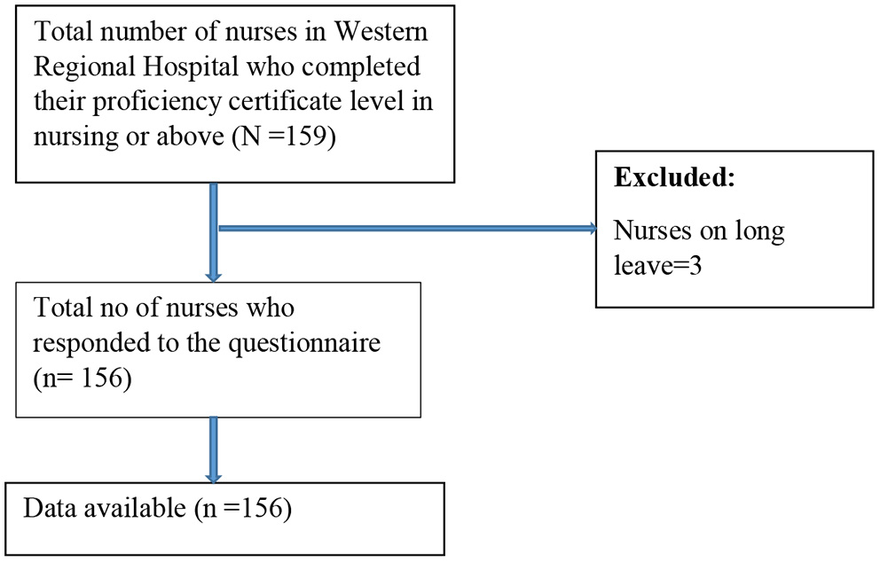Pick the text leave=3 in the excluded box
(x=658, y=266)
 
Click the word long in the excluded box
(x=758, y=233)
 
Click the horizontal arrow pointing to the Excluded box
(x=408, y=230)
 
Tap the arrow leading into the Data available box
(x=214, y=449)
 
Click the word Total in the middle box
(x=60, y=308)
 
